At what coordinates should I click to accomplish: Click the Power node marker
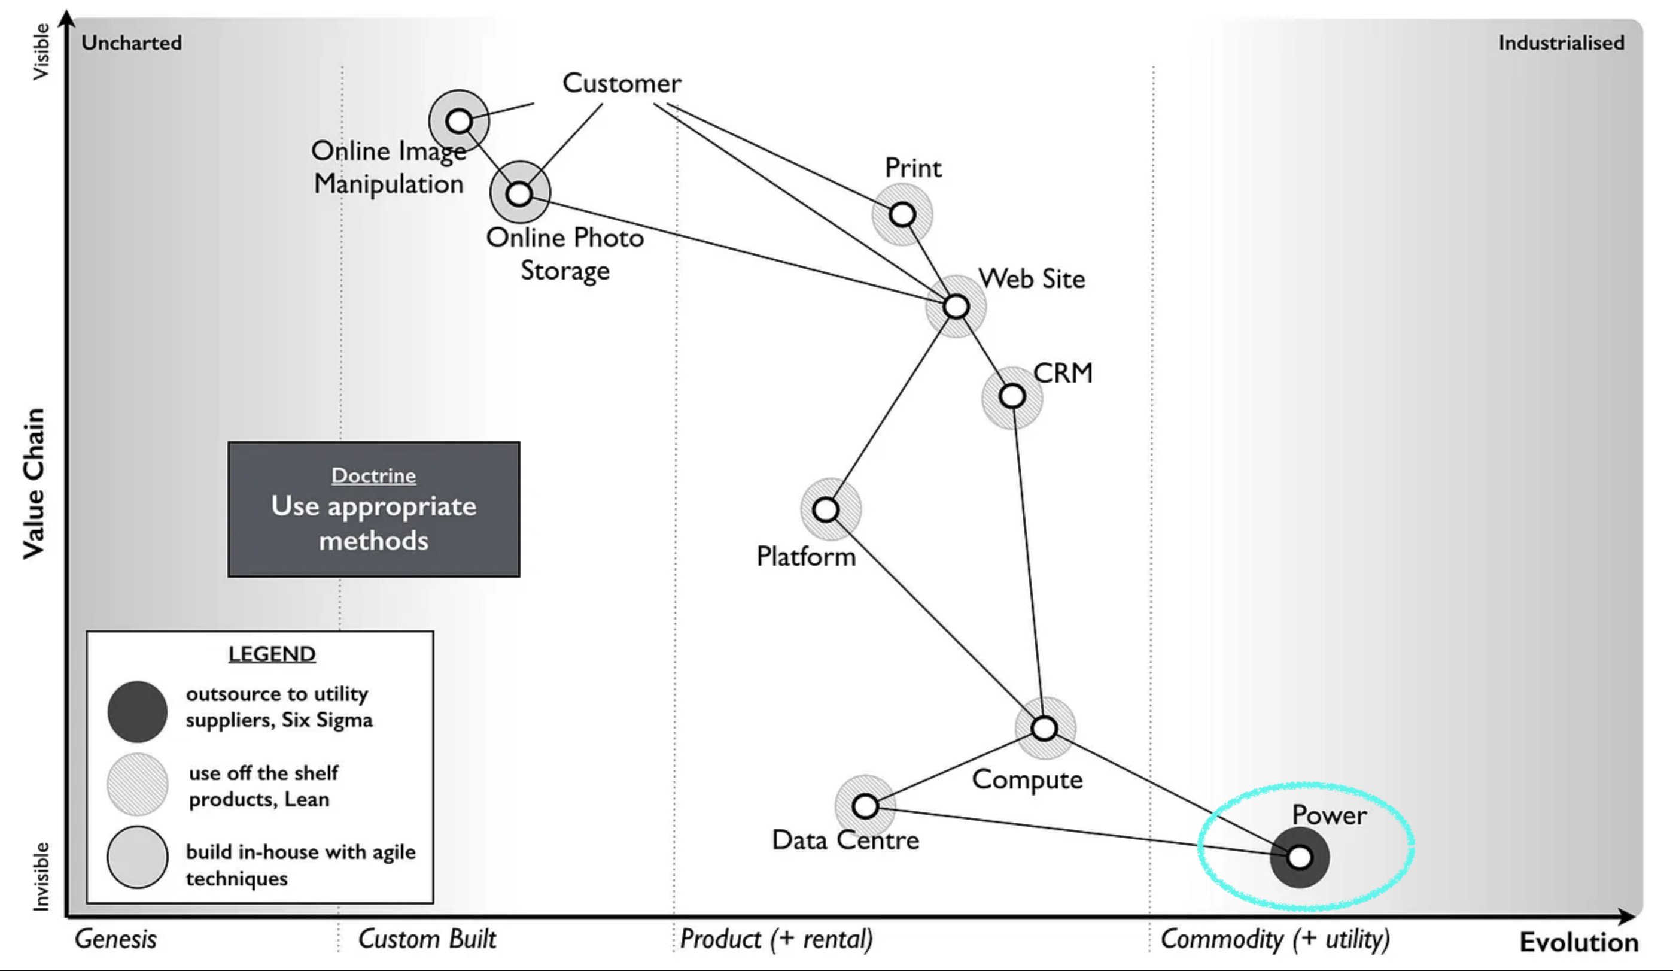pyautogui.click(x=1299, y=857)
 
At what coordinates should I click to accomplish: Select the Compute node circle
pyautogui.click(x=1044, y=728)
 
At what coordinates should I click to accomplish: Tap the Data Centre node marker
pyautogui.click(x=865, y=806)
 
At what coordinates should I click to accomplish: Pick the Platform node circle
pyautogui.click(x=826, y=509)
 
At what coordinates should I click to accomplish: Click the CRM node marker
pyautogui.click(x=1012, y=396)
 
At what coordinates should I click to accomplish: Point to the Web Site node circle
pyautogui.click(x=956, y=306)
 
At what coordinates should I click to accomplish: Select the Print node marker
pyautogui.click(x=902, y=214)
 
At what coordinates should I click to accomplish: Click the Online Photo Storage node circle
pyautogui.click(x=519, y=193)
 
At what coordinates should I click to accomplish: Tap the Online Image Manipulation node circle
pyautogui.click(x=459, y=121)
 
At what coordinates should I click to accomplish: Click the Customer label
pyautogui.click(x=622, y=84)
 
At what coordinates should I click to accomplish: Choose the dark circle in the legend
pyautogui.click(x=138, y=711)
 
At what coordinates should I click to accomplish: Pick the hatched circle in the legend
pyautogui.click(x=138, y=784)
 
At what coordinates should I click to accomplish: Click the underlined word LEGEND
pyautogui.click(x=272, y=654)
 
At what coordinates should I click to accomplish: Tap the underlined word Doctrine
pyautogui.click(x=374, y=475)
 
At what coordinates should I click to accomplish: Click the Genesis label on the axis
pyautogui.click(x=115, y=939)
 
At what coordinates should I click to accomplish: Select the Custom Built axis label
pyautogui.click(x=427, y=939)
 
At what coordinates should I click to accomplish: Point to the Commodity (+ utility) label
pyautogui.click(x=1274, y=939)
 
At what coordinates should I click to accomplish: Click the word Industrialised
pyautogui.click(x=1562, y=43)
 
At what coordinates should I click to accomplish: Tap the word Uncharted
pyautogui.click(x=132, y=43)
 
